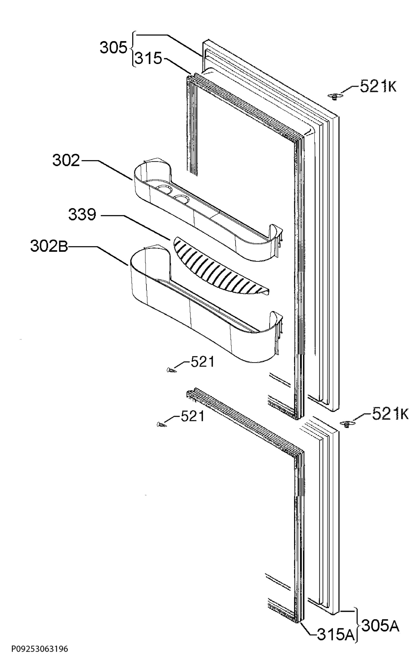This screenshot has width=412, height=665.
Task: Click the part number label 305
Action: click(x=113, y=48)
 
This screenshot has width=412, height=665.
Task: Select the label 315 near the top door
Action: click(x=148, y=59)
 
